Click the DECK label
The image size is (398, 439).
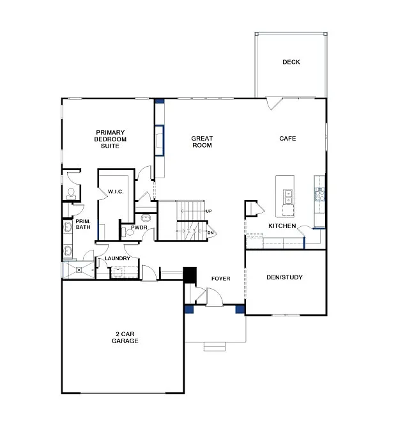tap(291, 62)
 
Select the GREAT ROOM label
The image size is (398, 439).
tap(202, 142)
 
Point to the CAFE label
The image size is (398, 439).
tap(287, 139)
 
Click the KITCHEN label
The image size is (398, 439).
tap(282, 226)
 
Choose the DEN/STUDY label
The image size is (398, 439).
tap(284, 277)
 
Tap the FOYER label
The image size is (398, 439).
tap(220, 279)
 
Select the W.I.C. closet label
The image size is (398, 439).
tap(115, 191)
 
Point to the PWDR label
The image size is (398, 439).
tap(139, 227)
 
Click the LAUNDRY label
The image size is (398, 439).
tap(118, 258)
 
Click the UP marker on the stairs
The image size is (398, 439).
tap(209, 211)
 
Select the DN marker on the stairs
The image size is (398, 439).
tap(210, 233)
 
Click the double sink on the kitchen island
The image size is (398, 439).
tap(289, 196)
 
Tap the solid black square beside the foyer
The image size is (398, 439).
tap(189, 273)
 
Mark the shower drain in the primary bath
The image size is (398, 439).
tap(79, 270)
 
